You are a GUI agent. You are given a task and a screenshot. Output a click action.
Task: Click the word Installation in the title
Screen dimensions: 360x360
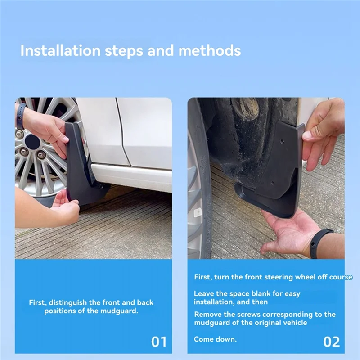coord(60,50)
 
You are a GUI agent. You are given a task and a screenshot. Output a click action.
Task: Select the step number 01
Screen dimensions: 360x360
coord(158,342)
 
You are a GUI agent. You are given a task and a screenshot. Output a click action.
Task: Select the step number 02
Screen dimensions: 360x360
coord(331,342)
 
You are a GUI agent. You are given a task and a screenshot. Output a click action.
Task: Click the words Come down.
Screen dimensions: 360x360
coord(215,339)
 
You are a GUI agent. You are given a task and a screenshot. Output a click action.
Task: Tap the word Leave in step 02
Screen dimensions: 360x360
coord(204,293)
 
